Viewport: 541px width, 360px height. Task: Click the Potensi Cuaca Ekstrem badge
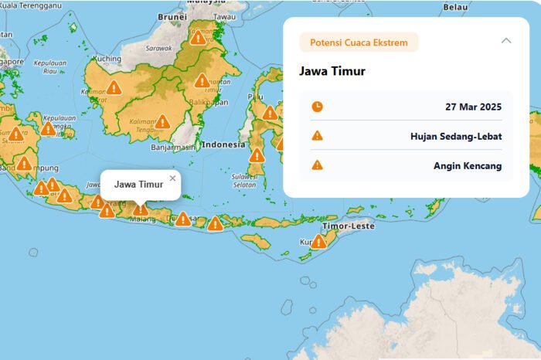pos(359,42)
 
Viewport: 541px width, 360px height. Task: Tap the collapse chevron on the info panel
pos(506,41)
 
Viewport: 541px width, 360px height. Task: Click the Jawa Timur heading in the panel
pos(332,72)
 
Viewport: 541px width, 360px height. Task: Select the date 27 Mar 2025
pos(474,107)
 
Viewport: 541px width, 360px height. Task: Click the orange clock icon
pos(317,107)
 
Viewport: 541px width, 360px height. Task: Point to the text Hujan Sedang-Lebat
pos(456,136)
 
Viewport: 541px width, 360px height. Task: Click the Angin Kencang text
pos(468,165)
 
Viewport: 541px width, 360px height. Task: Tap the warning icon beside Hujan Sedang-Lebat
pos(317,136)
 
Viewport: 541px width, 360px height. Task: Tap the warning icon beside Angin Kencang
pos(317,165)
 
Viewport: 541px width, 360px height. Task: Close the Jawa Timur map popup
pos(172,178)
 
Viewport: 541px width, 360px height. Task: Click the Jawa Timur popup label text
pos(139,185)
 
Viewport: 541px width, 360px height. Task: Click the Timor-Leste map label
pos(349,226)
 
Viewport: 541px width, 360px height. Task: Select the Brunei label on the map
pos(172,15)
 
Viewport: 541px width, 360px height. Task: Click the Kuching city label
pos(107,59)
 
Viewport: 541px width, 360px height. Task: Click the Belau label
pos(455,7)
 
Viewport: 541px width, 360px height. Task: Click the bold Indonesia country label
pos(223,144)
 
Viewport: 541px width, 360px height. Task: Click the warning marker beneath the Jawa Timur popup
pos(140,209)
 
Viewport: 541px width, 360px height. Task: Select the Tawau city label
pos(225,16)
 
